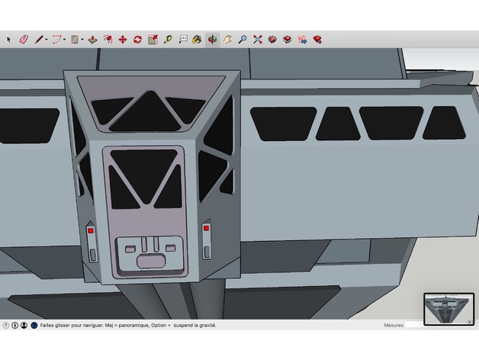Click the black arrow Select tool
8,40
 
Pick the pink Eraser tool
24,40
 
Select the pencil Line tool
39,40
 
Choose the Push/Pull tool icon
93,40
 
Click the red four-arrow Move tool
123,40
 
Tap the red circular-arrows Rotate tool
138,40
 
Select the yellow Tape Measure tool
168,40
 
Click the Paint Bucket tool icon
197,40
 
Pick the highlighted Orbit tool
212,40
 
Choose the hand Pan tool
227,40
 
